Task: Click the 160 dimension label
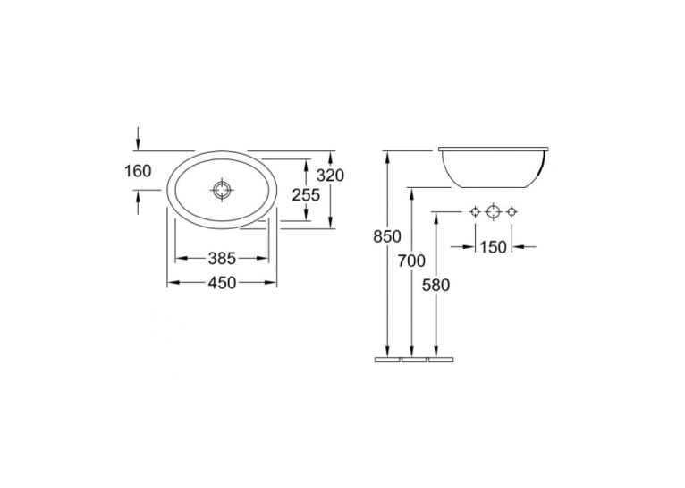point(138,171)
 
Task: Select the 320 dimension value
point(330,176)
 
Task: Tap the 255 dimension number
point(306,195)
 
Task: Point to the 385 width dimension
point(222,259)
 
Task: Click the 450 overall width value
point(222,283)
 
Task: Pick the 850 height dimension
point(387,236)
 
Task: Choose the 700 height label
point(411,261)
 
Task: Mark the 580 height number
point(436,285)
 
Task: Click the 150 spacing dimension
point(494,247)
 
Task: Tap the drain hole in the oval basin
point(222,190)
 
